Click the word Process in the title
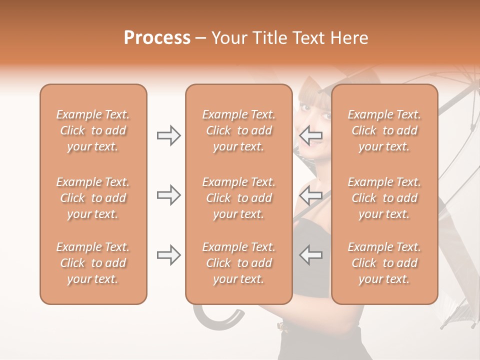point(157,38)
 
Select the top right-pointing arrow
point(168,135)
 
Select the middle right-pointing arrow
point(168,195)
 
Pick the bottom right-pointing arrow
point(168,255)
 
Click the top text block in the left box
point(93,130)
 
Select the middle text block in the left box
point(93,198)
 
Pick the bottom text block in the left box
point(93,263)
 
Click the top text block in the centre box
point(238,130)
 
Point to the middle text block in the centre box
point(238,198)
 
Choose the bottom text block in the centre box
point(238,263)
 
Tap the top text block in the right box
point(384,130)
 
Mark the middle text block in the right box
point(384,198)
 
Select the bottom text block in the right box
point(384,263)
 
